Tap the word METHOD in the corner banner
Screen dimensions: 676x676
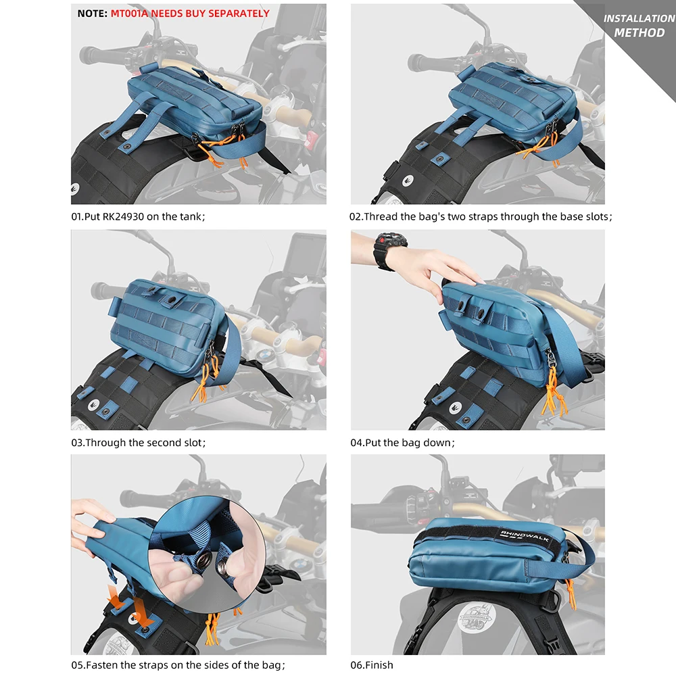click(x=639, y=32)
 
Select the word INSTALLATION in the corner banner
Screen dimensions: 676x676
click(x=639, y=18)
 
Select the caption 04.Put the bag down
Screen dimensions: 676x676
click(x=403, y=443)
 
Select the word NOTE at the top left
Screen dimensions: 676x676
click(x=91, y=13)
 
